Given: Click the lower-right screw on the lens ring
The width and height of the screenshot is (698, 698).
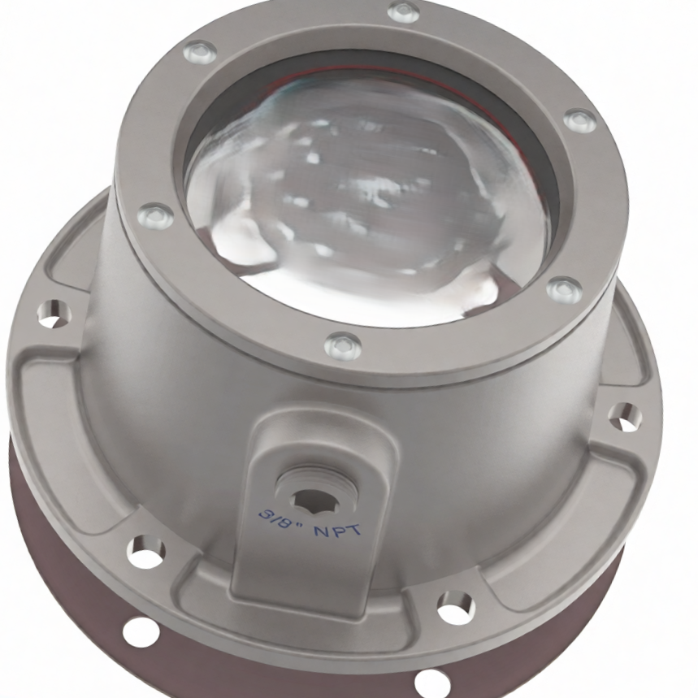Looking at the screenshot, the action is pyautogui.click(x=565, y=289).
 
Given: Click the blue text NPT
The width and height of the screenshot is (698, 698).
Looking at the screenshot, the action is pyautogui.click(x=337, y=530).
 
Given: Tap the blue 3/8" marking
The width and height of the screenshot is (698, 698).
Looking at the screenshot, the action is pyautogui.click(x=278, y=519).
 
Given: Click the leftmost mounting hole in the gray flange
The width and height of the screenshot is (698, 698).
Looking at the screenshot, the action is pyautogui.click(x=54, y=313).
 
